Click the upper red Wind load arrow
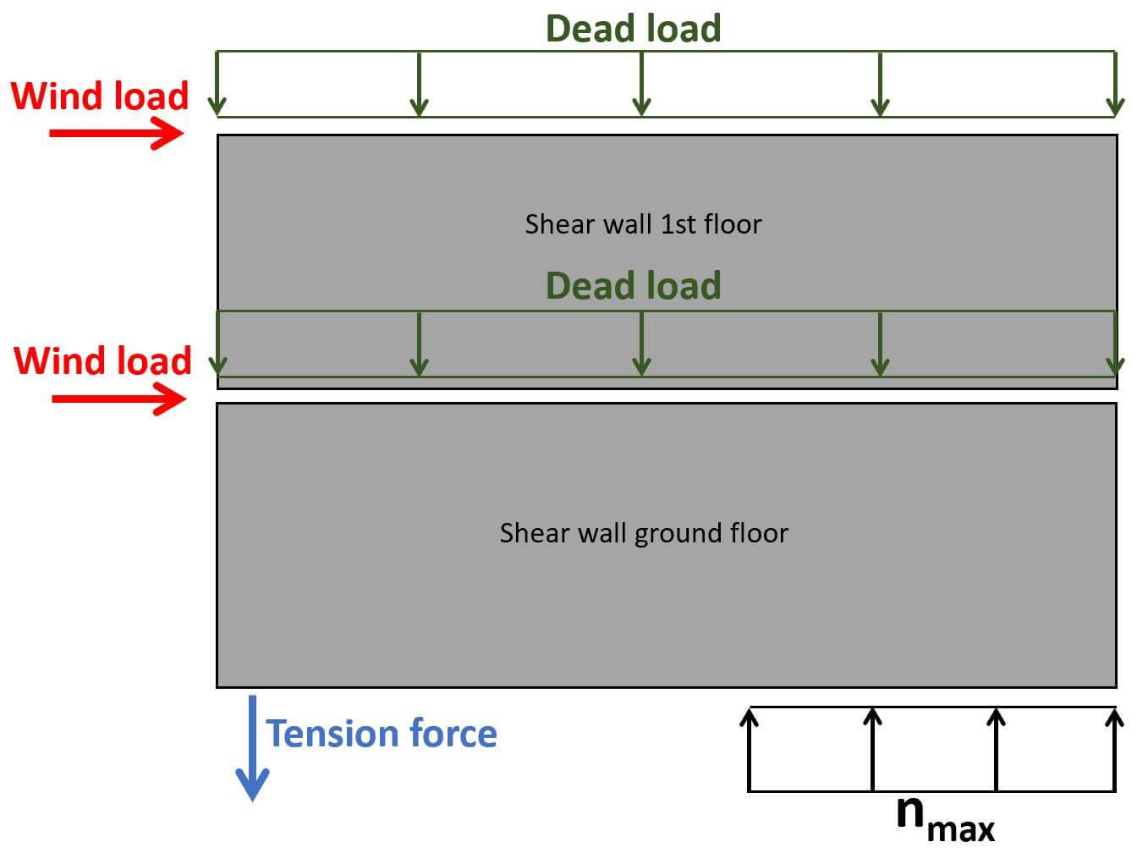[117, 133]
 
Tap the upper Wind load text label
[100, 96]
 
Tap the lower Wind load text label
[102, 360]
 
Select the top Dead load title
[633, 28]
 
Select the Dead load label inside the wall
[633, 285]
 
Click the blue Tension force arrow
[252, 748]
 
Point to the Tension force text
[382, 733]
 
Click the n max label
[944, 817]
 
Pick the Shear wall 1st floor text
[643, 224]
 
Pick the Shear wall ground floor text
[643, 533]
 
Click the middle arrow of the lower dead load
[641, 343]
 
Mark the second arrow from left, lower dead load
[419, 343]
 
